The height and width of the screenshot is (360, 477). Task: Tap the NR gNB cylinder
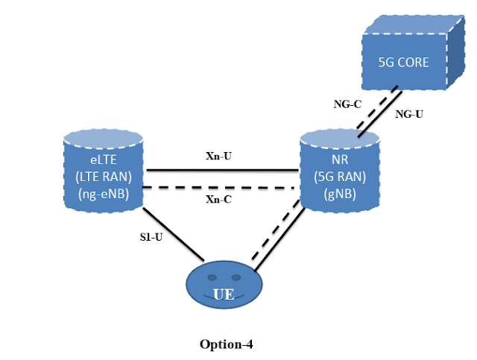click(339, 171)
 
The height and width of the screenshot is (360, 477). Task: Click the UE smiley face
click(223, 286)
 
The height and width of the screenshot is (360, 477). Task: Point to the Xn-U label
click(221, 157)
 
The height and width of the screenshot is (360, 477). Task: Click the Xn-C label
click(221, 199)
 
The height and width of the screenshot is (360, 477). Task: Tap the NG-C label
click(348, 104)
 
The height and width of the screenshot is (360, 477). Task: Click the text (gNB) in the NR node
click(339, 193)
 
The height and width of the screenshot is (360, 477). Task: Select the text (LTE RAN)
click(102, 177)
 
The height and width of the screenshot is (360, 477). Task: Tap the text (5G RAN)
click(339, 177)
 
